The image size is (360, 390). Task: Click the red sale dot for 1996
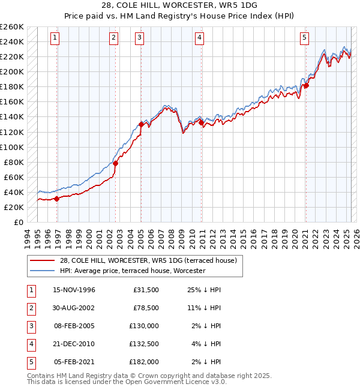56,199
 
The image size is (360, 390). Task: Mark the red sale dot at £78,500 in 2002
116,163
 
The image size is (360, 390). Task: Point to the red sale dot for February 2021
306,86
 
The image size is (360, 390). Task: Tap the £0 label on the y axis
18,222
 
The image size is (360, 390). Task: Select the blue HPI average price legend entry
132,271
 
